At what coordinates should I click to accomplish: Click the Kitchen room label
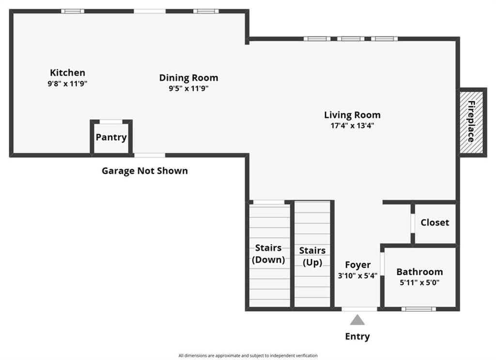pyautogui.click(x=67, y=73)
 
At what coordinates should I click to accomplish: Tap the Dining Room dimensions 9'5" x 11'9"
pyautogui.click(x=188, y=88)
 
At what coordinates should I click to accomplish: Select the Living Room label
pyautogui.click(x=352, y=115)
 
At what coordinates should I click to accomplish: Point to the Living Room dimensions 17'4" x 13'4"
pyautogui.click(x=353, y=125)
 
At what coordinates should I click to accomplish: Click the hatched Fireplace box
pyautogui.click(x=471, y=122)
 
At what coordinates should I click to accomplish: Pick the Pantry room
pyautogui.click(x=111, y=137)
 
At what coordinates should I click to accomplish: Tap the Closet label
pyautogui.click(x=434, y=222)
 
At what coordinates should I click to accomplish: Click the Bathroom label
pyautogui.click(x=419, y=272)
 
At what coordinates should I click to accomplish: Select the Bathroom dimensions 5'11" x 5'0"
pyautogui.click(x=419, y=282)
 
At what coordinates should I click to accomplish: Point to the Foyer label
pyautogui.click(x=358, y=265)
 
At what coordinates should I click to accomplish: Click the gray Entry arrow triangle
pyautogui.click(x=357, y=320)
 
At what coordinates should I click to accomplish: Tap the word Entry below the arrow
pyautogui.click(x=357, y=337)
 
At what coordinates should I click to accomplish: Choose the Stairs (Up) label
pyautogui.click(x=312, y=256)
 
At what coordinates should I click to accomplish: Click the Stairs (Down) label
pyautogui.click(x=268, y=254)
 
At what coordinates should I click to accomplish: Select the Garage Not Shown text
pyautogui.click(x=144, y=171)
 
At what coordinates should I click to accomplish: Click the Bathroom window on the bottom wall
pyautogui.click(x=418, y=309)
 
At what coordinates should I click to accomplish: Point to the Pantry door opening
pyautogui.click(x=111, y=122)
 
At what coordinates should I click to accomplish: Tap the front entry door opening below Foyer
pyautogui.click(x=360, y=309)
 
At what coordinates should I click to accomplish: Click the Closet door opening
pyautogui.click(x=413, y=224)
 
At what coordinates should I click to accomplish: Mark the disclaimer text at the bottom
pyautogui.click(x=248, y=356)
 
